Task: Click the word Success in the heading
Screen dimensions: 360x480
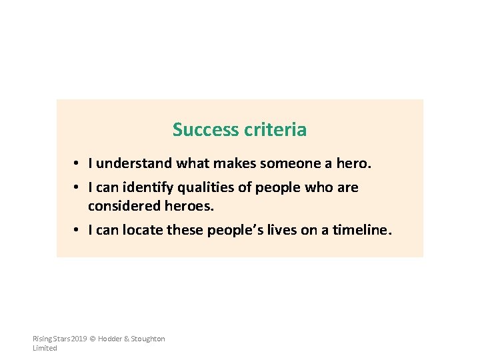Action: point(199,129)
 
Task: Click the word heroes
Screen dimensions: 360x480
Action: point(189,207)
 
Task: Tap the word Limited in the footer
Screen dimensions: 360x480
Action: point(45,348)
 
